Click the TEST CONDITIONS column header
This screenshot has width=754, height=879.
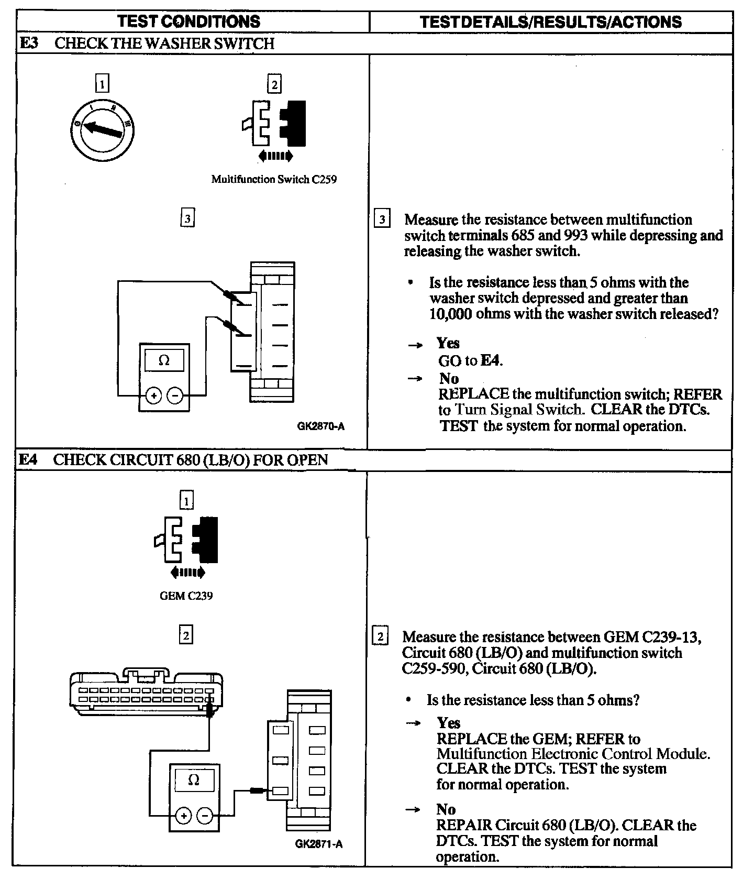188,21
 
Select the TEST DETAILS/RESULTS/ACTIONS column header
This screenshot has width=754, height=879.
550,22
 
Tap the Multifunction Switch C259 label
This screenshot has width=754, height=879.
274,180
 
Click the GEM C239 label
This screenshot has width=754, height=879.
186,596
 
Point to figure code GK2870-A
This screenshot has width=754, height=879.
320,426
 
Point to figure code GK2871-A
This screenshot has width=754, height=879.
319,844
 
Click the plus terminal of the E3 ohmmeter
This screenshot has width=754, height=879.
153,395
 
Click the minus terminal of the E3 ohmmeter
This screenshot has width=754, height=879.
175,395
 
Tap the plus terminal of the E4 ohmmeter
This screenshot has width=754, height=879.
183,816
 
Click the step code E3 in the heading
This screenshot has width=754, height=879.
29,43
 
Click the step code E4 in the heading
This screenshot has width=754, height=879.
29,460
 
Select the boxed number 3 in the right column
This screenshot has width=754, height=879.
382,219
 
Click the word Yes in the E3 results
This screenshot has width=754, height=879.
448,344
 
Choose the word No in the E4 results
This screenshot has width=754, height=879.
446,810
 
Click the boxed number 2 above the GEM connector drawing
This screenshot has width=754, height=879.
186,636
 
